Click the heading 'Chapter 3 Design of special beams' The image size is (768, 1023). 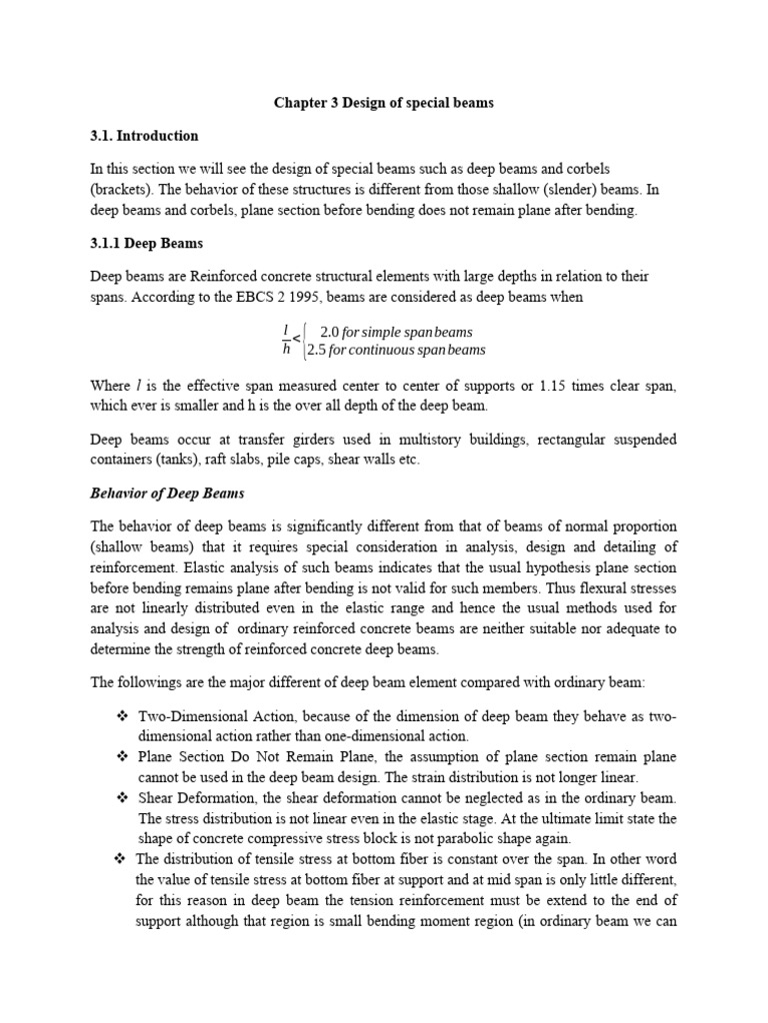pos(384,103)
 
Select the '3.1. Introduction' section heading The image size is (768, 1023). pos(145,135)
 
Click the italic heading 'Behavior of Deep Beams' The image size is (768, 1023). pos(167,494)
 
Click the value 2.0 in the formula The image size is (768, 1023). pos(330,332)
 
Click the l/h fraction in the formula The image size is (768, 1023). pos(287,340)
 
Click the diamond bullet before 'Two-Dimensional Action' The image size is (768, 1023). pos(122,716)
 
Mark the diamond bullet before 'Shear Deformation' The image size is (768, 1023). pos(122,798)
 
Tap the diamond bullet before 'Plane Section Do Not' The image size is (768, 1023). pos(122,757)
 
